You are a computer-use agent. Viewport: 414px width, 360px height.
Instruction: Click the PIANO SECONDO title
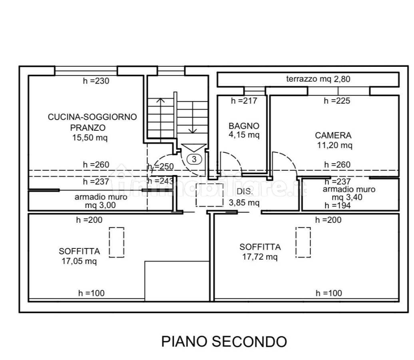click(224, 342)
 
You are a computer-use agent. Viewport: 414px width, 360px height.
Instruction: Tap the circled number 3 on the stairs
click(194, 159)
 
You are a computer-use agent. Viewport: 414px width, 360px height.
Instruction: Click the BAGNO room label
click(244, 126)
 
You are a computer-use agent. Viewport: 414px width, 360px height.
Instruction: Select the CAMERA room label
click(333, 135)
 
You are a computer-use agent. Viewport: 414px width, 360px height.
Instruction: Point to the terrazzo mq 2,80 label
click(318, 79)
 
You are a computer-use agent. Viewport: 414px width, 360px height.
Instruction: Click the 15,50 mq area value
click(90, 138)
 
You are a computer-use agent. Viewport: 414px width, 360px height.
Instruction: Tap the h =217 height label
click(244, 101)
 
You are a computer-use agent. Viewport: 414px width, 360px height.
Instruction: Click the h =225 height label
click(337, 101)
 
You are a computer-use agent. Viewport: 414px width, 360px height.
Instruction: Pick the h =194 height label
click(338, 205)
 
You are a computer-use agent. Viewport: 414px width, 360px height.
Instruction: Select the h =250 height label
click(161, 166)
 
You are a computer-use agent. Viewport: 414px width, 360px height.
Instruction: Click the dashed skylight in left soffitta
click(117, 242)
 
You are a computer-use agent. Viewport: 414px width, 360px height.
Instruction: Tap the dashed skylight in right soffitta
click(303, 242)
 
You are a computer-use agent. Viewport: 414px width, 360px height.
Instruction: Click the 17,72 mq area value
click(260, 257)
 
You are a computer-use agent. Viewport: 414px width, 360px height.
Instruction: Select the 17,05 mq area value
click(79, 261)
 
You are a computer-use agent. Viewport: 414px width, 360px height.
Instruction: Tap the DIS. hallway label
click(245, 192)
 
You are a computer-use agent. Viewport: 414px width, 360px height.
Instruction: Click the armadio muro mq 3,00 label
click(101, 201)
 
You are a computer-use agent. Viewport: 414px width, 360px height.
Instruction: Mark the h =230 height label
click(96, 81)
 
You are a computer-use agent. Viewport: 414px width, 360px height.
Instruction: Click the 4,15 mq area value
click(244, 135)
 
